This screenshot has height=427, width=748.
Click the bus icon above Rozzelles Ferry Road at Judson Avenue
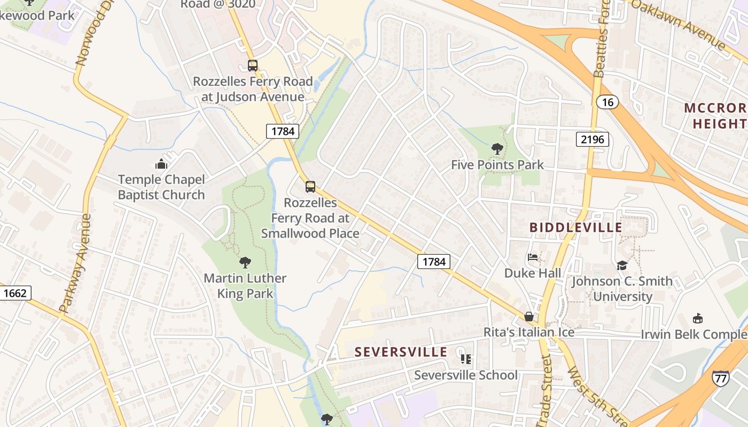pos(253,66)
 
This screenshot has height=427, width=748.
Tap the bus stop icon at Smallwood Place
pos(310,187)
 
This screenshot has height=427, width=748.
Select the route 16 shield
pos(607,102)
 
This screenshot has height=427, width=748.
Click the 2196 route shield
pos(593,140)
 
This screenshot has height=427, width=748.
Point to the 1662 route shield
pos(15,293)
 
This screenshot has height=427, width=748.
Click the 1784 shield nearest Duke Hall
pos(433,262)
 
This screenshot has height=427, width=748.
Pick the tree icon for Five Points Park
pos(497,149)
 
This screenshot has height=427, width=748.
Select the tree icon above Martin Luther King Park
pos(245,262)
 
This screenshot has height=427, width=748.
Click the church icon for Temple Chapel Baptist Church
pos(161,164)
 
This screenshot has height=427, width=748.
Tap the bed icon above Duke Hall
pos(533,257)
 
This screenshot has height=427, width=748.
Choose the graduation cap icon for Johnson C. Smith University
pos(622,265)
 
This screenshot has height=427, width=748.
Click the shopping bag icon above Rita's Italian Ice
pos(529,317)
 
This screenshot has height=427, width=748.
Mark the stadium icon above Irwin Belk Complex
pos(697,319)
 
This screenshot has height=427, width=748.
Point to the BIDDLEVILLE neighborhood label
pos(576,227)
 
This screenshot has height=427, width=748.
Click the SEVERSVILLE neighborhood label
pos(401,352)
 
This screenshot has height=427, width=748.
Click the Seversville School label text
pos(466,375)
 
